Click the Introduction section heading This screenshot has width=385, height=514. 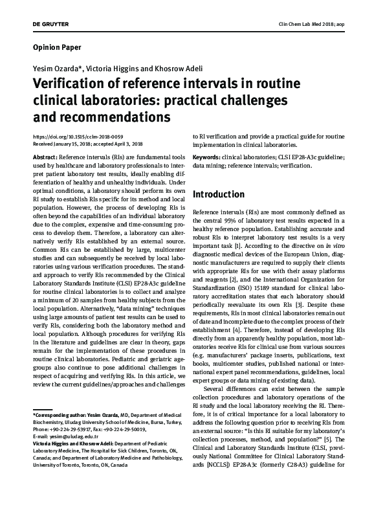(x=219, y=194)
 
